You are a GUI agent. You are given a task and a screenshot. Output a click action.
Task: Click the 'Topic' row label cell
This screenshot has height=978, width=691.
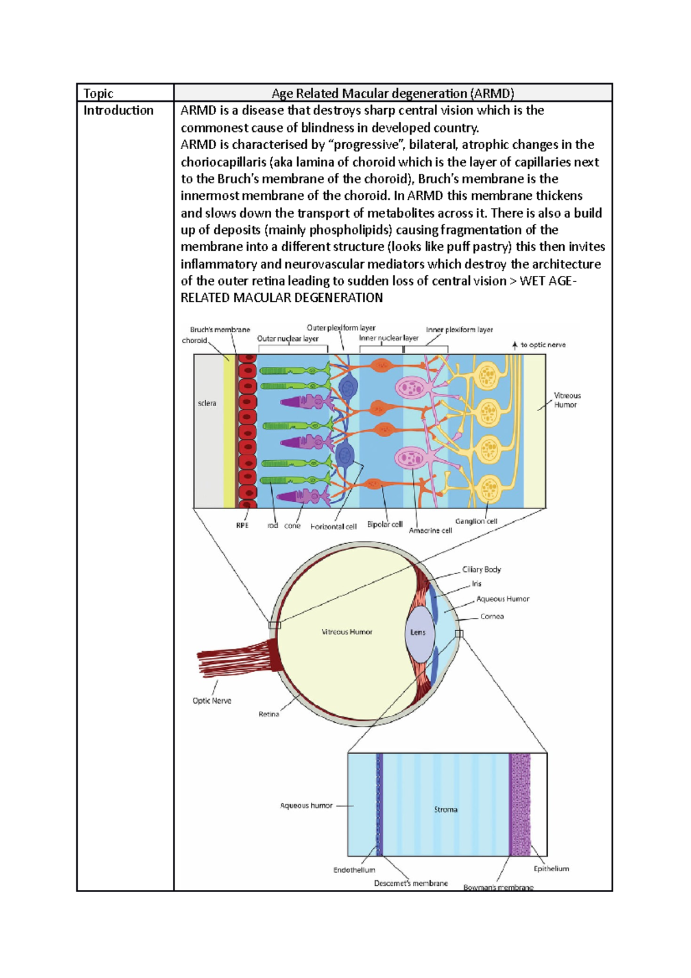(98, 93)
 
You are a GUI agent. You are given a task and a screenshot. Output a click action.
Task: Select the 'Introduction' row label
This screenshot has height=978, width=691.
(119, 111)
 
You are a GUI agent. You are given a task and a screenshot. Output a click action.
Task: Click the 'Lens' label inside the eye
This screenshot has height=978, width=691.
(418, 632)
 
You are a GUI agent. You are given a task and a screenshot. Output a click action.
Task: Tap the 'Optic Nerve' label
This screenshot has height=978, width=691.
(212, 701)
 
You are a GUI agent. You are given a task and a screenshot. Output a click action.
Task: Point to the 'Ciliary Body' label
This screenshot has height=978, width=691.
(481, 570)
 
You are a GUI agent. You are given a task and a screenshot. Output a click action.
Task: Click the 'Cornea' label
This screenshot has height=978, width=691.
(492, 616)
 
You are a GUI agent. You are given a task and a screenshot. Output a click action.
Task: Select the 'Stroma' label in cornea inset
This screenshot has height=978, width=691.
(446, 810)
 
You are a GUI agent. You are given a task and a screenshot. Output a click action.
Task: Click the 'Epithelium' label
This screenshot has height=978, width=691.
(551, 869)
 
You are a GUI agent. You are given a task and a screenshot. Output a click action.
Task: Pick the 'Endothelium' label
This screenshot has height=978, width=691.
(354, 870)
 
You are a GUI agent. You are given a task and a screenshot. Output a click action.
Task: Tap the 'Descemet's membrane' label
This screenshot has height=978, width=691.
(411, 883)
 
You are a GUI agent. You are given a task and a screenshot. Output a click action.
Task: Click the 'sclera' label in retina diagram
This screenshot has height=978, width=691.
(207, 403)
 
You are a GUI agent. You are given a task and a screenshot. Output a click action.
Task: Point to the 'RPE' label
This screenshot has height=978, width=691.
(242, 525)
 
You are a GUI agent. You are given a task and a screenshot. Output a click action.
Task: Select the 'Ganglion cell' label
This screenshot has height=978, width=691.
(476, 521)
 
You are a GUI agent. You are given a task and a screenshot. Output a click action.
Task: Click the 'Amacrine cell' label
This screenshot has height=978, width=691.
(430, 530)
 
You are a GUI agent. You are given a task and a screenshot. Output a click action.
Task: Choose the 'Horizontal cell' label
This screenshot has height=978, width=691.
(333, 526)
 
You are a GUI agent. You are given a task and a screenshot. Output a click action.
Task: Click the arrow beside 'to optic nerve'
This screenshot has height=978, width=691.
(515, 346)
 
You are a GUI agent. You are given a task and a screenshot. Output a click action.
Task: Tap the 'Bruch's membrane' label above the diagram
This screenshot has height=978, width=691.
(220, 330)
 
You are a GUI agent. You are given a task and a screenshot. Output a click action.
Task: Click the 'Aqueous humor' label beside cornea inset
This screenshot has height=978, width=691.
(306, 806)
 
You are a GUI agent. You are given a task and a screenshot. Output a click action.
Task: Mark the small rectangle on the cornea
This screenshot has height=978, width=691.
(459, 634)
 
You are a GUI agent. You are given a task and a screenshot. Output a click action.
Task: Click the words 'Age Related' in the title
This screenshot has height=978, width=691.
(305, 93)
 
